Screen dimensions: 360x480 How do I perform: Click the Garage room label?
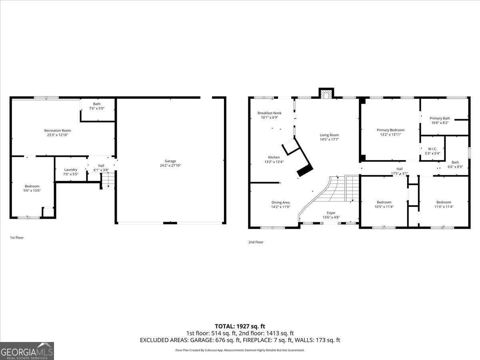click(x=170, y=161)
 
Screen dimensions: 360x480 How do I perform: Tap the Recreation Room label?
click(x=58, y=130)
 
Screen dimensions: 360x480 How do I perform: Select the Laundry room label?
click(x=71, y=170)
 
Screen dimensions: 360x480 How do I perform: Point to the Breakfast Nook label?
click(x=270, y=113)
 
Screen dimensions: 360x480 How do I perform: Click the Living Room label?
click(x=329, y=135)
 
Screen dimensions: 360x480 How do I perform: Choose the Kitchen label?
click(x=274, y=157)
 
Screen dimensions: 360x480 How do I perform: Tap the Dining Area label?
click(x=280, y=202)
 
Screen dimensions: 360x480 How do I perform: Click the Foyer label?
click(x=331, y=213)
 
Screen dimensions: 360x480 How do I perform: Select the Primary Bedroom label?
click(x=390, y=130)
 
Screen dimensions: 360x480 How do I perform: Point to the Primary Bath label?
click(x=440, y=118)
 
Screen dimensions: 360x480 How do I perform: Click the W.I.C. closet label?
click(x=432, y=149)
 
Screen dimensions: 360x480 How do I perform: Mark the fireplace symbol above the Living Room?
click(x=326, y=94)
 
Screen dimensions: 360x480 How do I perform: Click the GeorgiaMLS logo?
click(x=27, y=351)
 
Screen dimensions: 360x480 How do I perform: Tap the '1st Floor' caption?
click(x=17, y=238)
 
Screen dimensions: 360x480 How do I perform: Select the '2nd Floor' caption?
click(x=256, y=242)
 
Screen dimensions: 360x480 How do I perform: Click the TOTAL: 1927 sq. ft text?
click(x=240, y=326)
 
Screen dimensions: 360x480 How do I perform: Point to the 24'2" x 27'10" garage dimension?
click(x=170, y=165)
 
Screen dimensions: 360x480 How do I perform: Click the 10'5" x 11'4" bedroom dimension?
click(x=384, y=207)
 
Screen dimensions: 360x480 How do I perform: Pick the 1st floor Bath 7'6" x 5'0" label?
click(x=97, y=106)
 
